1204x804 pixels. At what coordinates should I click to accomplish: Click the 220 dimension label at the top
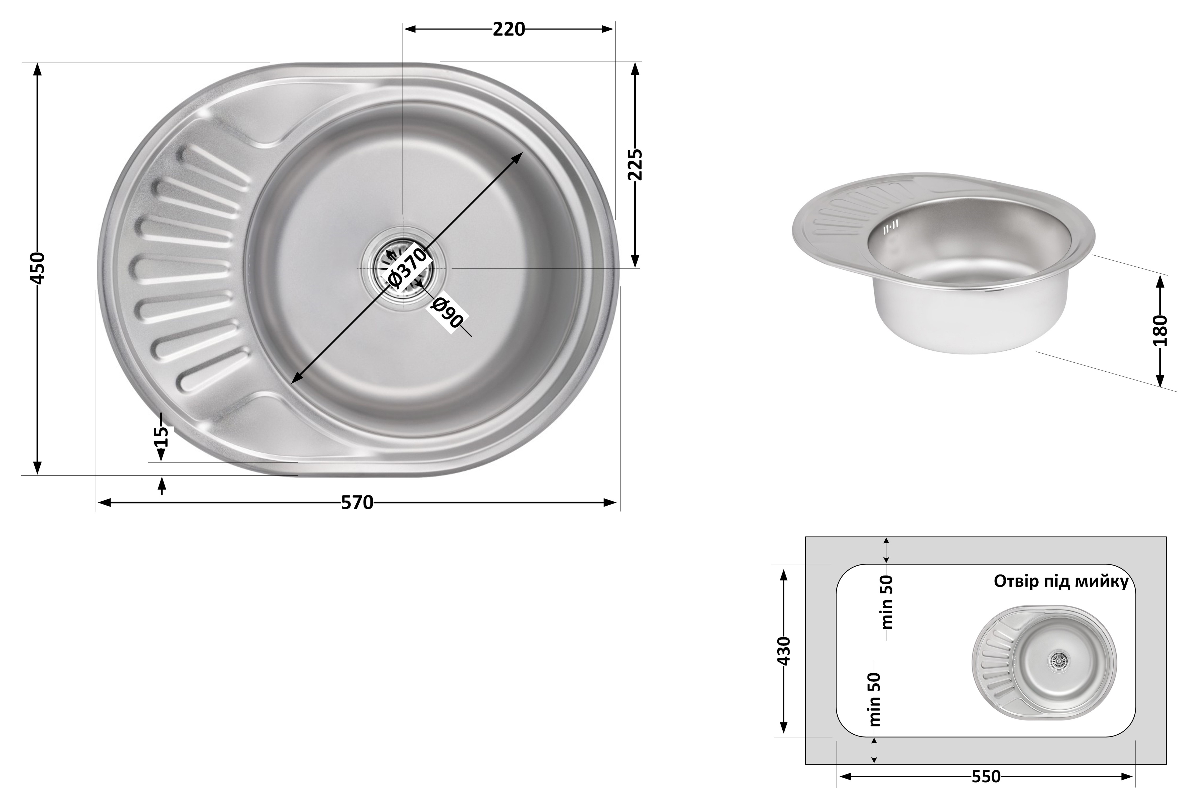[509, 29]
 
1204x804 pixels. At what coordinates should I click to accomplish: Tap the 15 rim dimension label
[161, 437]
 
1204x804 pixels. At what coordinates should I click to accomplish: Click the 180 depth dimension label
[1160, 331]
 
